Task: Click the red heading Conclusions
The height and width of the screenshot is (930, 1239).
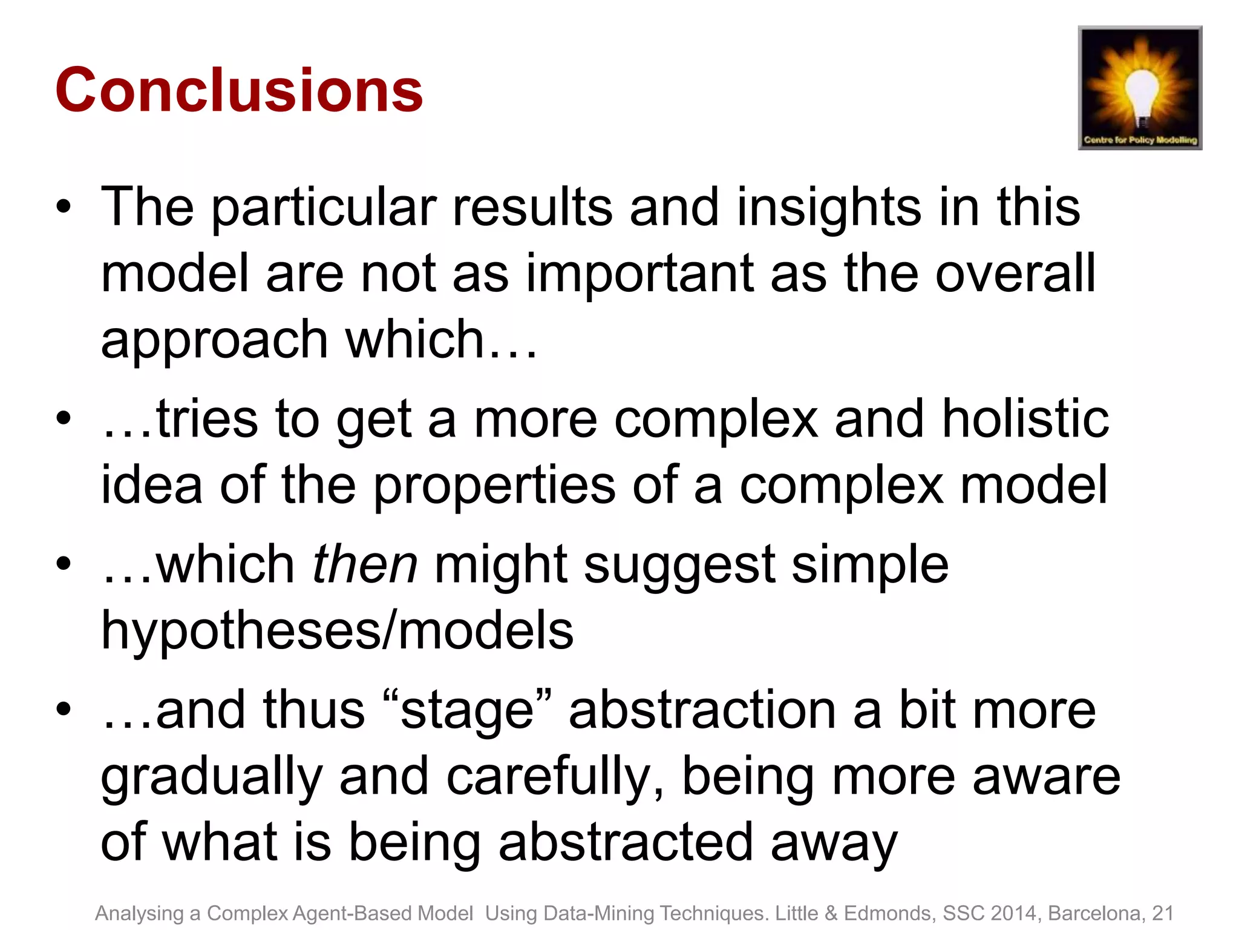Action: tap(239, 91)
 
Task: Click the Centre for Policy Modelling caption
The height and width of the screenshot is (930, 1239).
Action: tap(1140, 140)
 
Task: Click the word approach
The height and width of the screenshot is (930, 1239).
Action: tap(215, 340)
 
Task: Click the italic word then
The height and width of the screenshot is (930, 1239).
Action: tap(365, 564)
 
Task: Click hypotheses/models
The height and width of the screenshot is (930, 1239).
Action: tap(337, 632)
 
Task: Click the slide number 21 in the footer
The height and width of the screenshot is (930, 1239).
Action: tap(1162, 913)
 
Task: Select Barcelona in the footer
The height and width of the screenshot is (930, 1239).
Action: tap(1096, 913)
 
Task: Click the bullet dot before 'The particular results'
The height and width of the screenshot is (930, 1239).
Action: tap(64, 208)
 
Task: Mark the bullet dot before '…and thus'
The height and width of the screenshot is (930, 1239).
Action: tap(64, 709)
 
